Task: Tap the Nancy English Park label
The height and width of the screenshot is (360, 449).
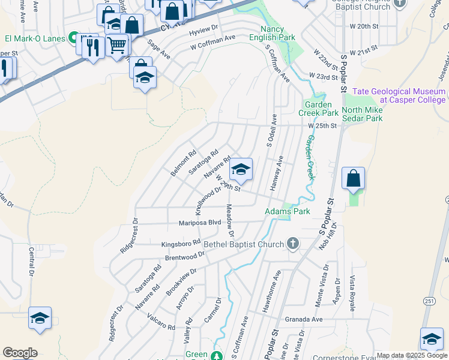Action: tap(278, 33)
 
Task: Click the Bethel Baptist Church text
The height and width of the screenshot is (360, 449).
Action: tap(244, 244)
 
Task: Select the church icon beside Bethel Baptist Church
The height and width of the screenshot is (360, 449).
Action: tap(292, 242)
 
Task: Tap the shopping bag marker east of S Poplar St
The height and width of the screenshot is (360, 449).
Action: tap(354, 178)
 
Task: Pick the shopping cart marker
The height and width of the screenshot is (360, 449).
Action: tap(118, 44)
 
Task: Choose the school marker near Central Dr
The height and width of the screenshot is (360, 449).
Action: tap(40, 319)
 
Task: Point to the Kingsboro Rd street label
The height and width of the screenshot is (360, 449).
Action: tap(181, 244)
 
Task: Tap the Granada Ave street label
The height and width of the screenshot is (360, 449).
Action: tap(304, 319)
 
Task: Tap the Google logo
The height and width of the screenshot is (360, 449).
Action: tap(20, 352)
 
